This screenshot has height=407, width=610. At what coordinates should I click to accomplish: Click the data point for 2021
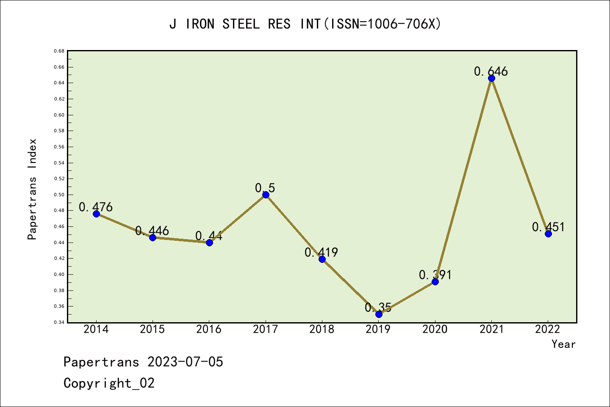pos(491,78)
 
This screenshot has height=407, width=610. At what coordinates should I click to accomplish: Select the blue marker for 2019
pos(379,314)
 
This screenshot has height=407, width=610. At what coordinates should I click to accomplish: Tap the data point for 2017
pos(266,195)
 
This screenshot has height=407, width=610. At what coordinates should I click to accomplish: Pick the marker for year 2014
pos(96,214)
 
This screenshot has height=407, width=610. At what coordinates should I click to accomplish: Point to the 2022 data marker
pos(548,234)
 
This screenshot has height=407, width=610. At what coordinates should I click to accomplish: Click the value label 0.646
pos(491,71)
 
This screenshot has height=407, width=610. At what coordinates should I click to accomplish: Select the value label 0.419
pos(321,252)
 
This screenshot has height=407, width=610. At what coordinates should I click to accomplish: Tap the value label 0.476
pos(96,207)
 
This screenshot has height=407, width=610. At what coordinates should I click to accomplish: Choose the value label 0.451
pos(548,227)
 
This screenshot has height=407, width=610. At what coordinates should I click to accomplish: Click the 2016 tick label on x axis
pos(209,329)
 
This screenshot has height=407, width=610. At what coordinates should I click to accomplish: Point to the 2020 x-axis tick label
pos(435,329)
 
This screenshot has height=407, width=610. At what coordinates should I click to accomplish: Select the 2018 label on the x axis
pos(322,329)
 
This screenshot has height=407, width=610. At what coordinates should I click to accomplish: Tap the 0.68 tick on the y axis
pos(59,51)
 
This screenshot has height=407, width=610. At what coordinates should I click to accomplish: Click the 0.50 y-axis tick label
pos(59,195)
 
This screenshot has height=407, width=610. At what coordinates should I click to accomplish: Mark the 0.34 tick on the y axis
pos(59,322)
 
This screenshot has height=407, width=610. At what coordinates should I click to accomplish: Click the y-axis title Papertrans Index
pos(32,189)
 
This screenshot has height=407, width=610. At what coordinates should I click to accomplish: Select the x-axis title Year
pos(563,344)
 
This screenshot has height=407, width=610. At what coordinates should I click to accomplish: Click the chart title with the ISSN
pos(305,24)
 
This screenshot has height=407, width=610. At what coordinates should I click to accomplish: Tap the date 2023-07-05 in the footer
pos(185,362)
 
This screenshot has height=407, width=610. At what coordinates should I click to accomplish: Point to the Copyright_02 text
pos(109,383)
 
